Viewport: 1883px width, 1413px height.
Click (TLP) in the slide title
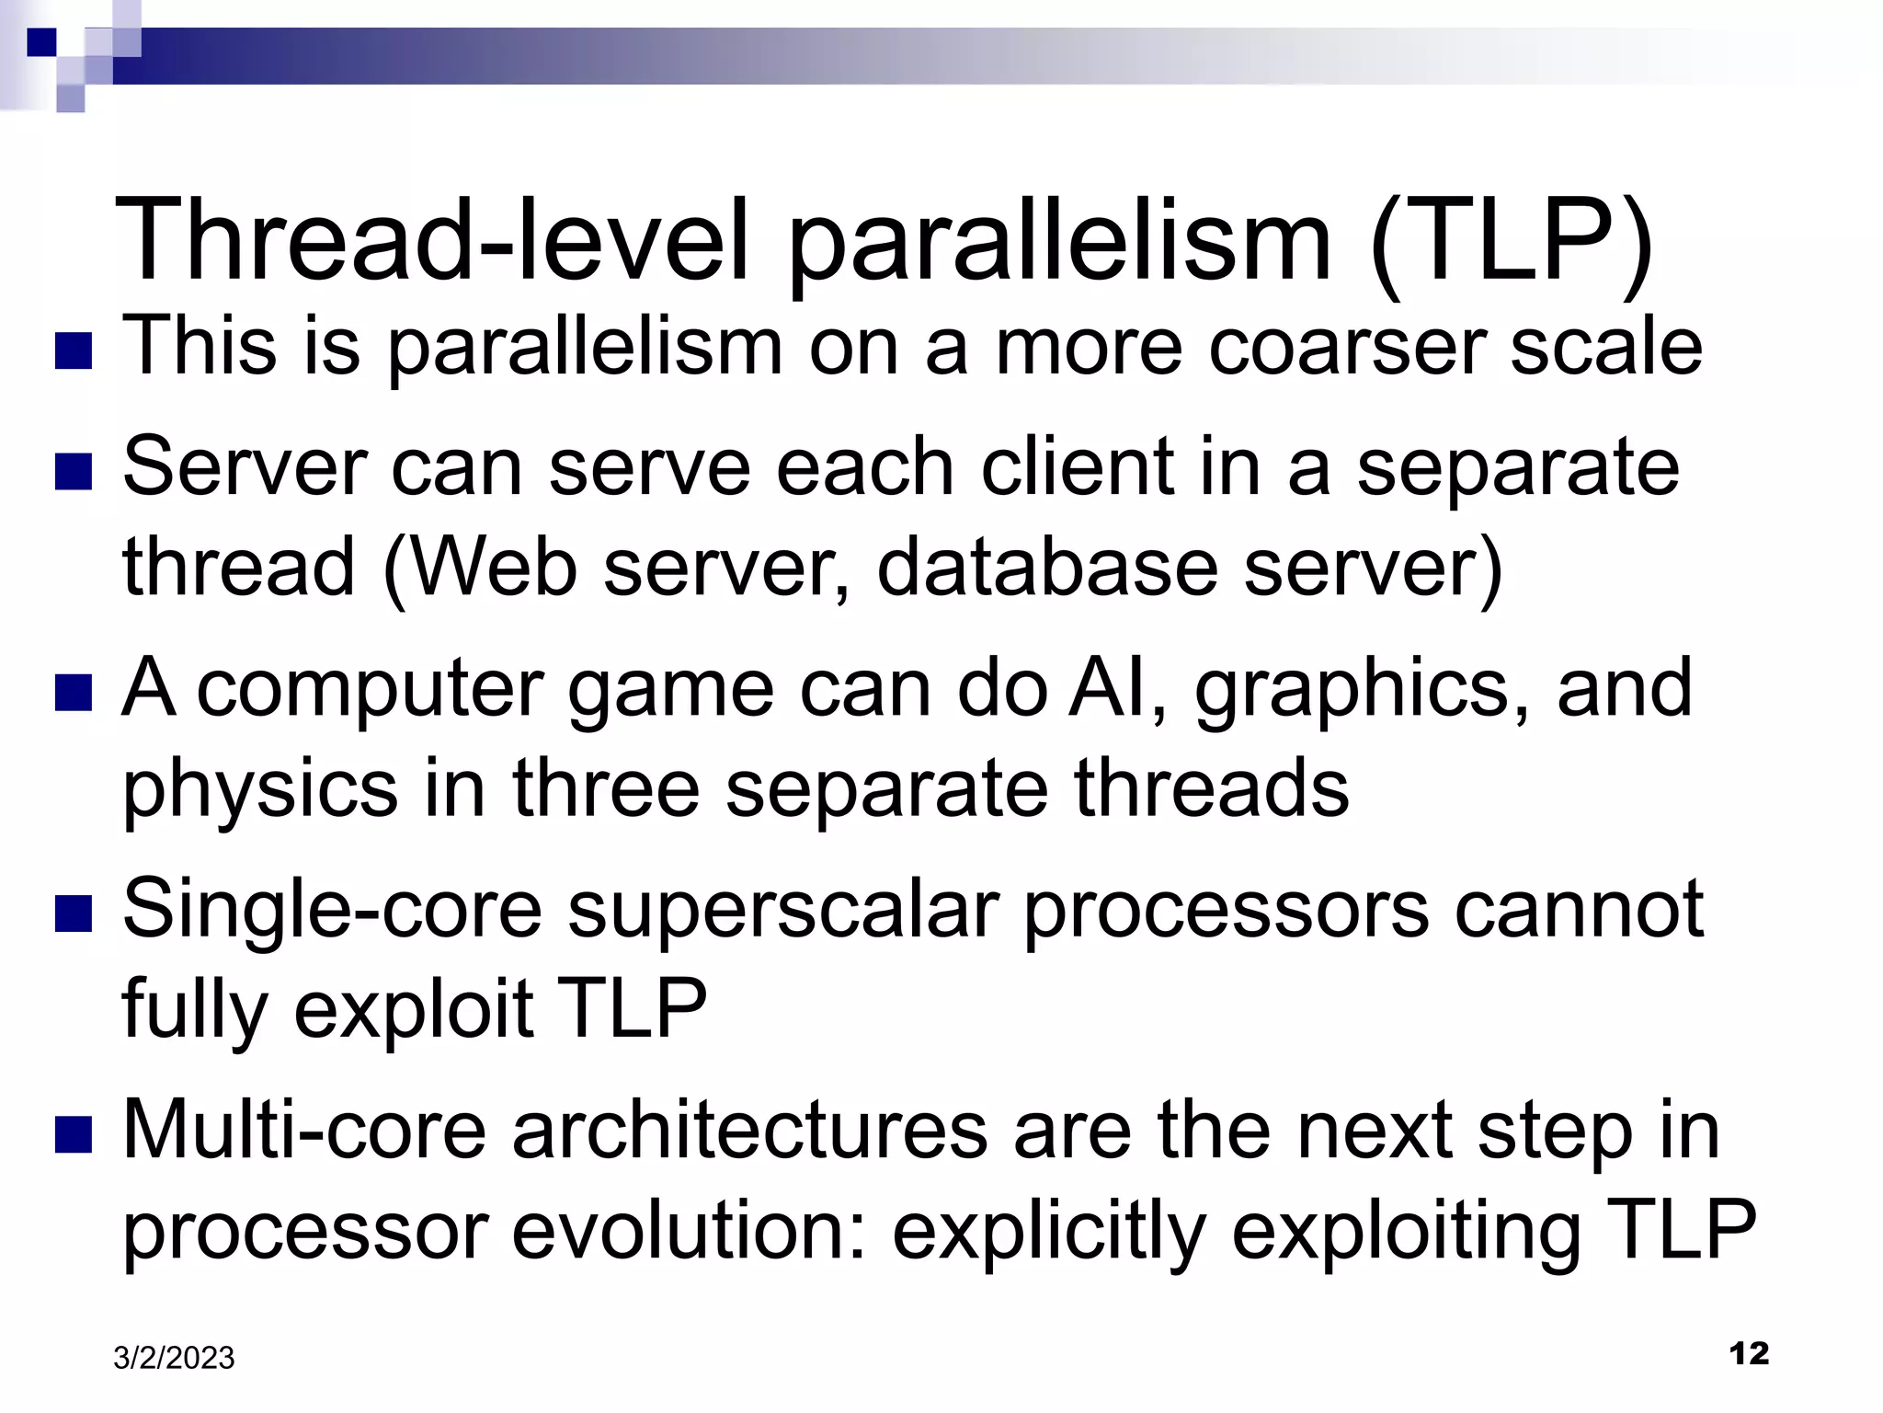tap(1511, 241)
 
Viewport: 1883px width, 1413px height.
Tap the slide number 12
tap(1749, 1353)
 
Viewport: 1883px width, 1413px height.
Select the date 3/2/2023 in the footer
tap(174, 1359)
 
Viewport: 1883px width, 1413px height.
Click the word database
tap(1046, 568)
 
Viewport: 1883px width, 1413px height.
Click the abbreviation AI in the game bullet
tap(1117, 688)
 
